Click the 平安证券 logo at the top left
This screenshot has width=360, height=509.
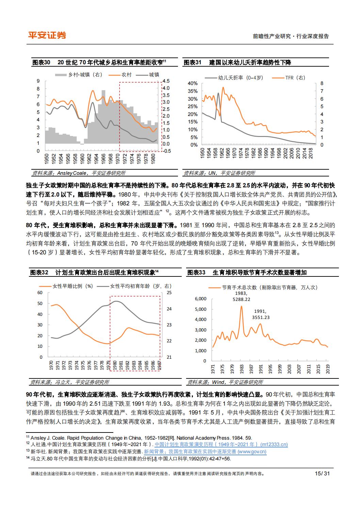tap(47, 35)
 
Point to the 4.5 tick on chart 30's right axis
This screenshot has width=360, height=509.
tap(166, 81)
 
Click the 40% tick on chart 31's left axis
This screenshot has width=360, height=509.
tap(193, 83)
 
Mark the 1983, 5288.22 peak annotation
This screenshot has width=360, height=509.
tap(241, 296)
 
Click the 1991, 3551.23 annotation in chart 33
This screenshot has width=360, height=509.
tap(261, 314)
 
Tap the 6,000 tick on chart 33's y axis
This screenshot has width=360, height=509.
tap(200, 299)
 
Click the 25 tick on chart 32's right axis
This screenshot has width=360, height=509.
tap(169, 292)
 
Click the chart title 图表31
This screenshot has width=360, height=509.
tap(193, 63)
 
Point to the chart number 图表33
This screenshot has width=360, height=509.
tap(196, 273)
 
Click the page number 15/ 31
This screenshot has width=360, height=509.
tap(322, 473)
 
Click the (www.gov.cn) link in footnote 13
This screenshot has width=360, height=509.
tap(252, 452)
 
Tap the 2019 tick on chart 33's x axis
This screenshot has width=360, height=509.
tap(328, 369)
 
